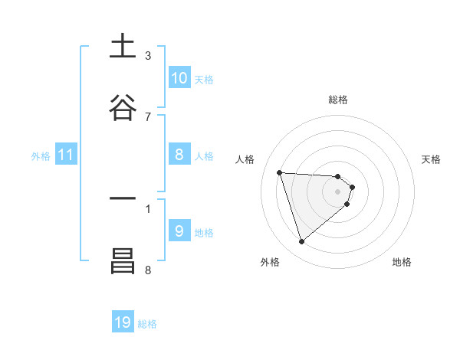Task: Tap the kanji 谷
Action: pyautogui.click(x=123, y=108)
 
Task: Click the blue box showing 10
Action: pyautogui.click(x=179, y=77)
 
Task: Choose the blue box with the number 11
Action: pyautogui.click(x=65, y=155)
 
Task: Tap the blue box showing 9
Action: pyautogui.click(x=179, y=231)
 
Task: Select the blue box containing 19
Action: pyautogui.click(x=123, y=322)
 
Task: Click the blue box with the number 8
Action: pyautogui.click(x=179, y=155)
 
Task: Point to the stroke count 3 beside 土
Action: pyautogui.click(x=148, y=55)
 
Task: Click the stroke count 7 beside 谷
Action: pyautogui.click(x=148, y=116)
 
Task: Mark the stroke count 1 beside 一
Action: pyautogui.click(x=148, y=208)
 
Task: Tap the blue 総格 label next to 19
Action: pyautogui.click(x=147, y=324)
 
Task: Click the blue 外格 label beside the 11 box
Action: pyautogui.click(x=41, y=155)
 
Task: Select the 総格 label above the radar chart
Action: pyautogui.click(x=338, y=100)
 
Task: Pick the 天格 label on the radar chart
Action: pyautogui.click(x=432, y=159)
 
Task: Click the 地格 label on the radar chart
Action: pyautogui.click(x=402, y=262)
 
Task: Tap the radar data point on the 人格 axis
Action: pyautogui.click(x=280, y=172)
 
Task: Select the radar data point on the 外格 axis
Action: pyautogui.click(x=301, y=242)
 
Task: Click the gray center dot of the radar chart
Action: pyautogui.click(x=338, y=191)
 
